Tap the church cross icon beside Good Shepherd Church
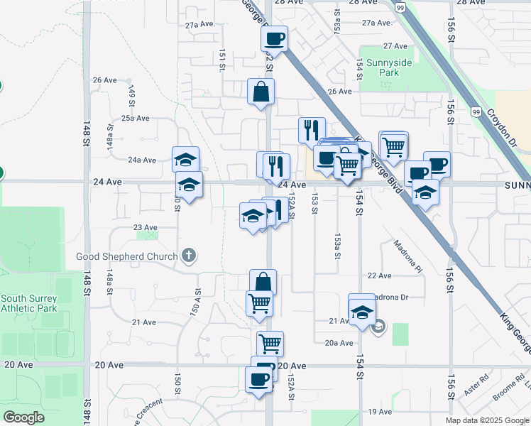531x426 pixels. tap(188, 256)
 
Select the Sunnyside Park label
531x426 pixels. tap(385, 67)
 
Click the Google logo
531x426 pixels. tap(24, 417)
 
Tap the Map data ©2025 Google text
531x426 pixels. tap(486, 420)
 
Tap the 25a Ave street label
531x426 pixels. tap(135, 119)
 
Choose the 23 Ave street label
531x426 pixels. tap(145, 227)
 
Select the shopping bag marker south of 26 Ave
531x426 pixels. tap(261, 91)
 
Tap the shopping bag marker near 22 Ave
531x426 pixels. tap(263, 282)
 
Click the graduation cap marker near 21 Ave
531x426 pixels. tap(361, 311)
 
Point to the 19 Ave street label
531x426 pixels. tap(380, 412)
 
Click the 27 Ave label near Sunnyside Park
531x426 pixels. tap(395, 45)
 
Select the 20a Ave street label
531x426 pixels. tap(339, 343)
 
